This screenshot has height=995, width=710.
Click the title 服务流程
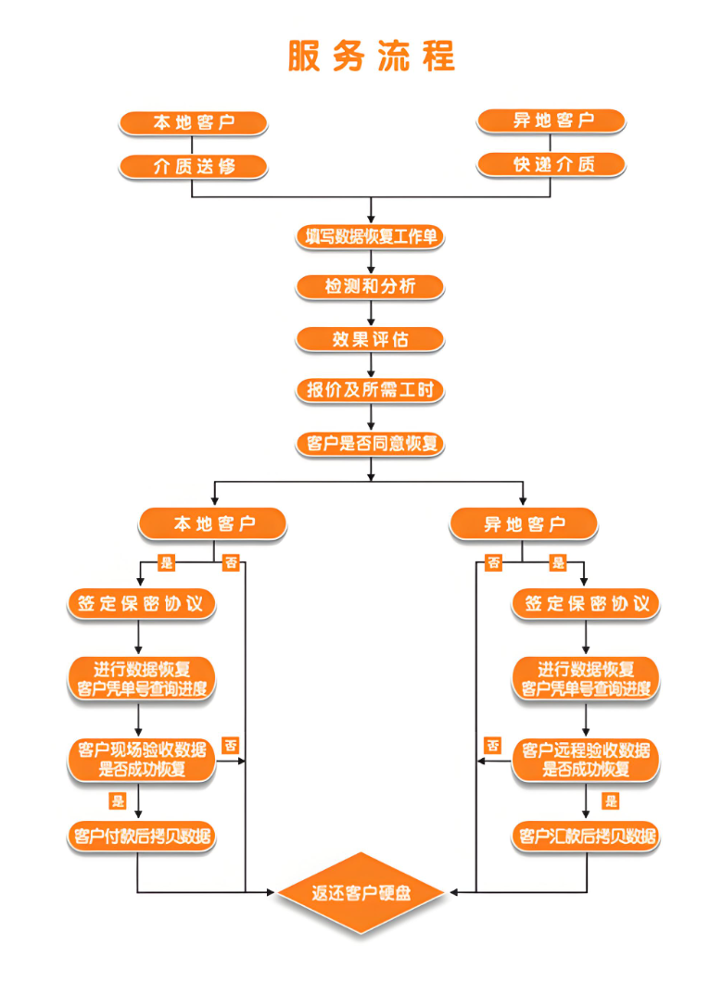click(x=371, y=57)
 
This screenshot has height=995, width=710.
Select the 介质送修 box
click(x=193, y=167)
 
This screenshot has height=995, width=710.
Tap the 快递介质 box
click(x=551, y=165)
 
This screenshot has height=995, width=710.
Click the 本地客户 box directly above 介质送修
click(x=193, y=122)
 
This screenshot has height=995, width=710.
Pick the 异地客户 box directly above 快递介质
click(x=551, y=120)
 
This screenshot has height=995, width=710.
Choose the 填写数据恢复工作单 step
click(x=371, y=237)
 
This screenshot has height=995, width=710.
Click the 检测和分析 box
click(x=371, y=287)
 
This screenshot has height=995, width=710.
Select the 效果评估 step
click(x=371, y=339)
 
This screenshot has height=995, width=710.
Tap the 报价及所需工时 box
click(x=371, y=390)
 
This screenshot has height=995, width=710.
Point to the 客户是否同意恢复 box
click(x=371, y=444)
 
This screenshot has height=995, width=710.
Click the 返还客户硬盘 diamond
click(x=362, y=893)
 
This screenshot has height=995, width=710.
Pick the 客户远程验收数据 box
click(x=586, y=759)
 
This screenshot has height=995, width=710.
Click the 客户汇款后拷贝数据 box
click(x=586, y=837)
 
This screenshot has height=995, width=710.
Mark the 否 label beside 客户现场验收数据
click(x=231, y=745)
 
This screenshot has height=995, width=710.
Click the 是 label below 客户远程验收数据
click(x=611, y=800)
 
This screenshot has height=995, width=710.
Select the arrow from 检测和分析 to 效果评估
click(x=371, y=313)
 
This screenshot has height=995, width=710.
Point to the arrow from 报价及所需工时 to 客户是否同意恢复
click(x=371, y=417)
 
